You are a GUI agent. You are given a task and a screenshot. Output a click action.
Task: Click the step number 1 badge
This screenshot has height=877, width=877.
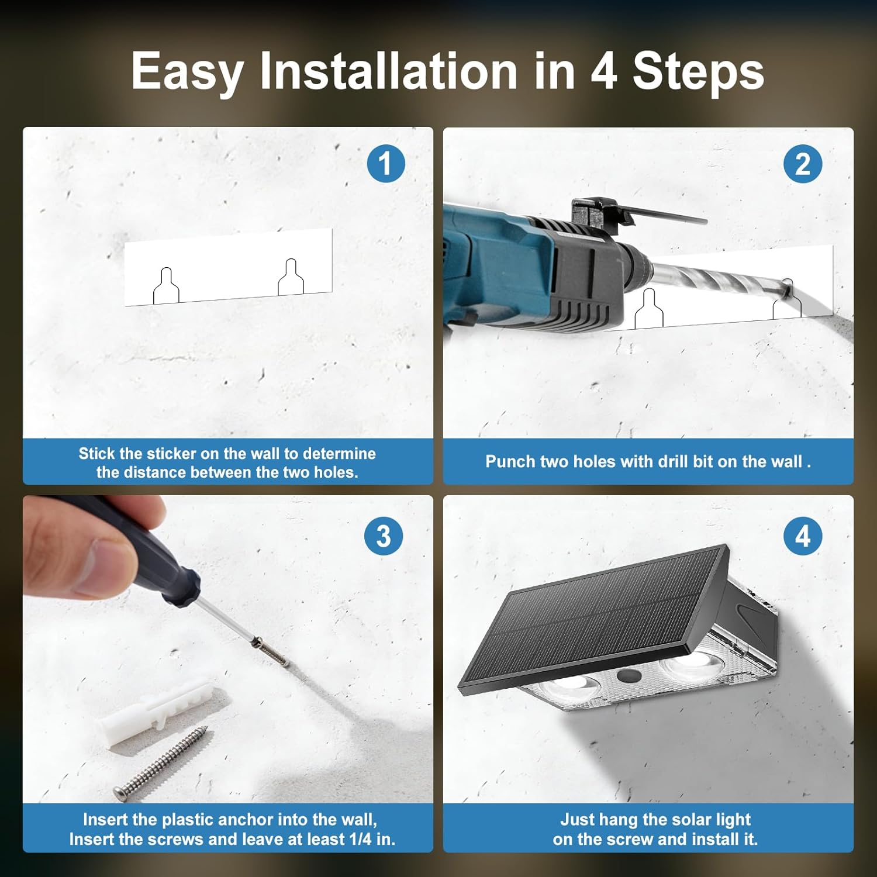coord(386,164)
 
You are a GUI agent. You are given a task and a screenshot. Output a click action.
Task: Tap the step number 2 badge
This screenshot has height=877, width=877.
coord(803,164)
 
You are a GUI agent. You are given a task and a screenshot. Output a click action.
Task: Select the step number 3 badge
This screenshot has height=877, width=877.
coord(384,536)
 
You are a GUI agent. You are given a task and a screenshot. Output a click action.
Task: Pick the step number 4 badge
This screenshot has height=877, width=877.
coord(803,536)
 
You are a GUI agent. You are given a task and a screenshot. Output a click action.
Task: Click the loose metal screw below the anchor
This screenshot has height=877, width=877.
coord(160,763)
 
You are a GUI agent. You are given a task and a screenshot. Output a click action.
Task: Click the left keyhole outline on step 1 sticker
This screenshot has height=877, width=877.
coord(166,286)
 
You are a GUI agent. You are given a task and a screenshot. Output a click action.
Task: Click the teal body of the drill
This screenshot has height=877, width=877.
coord(497,263)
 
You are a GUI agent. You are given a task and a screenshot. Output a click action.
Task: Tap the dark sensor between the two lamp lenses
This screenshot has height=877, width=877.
coord(629,676)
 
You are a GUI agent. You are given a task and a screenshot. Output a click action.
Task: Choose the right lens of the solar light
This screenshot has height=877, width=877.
coord(690,666)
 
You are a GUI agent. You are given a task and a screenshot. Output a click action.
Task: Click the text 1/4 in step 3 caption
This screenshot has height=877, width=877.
coord(361,839)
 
